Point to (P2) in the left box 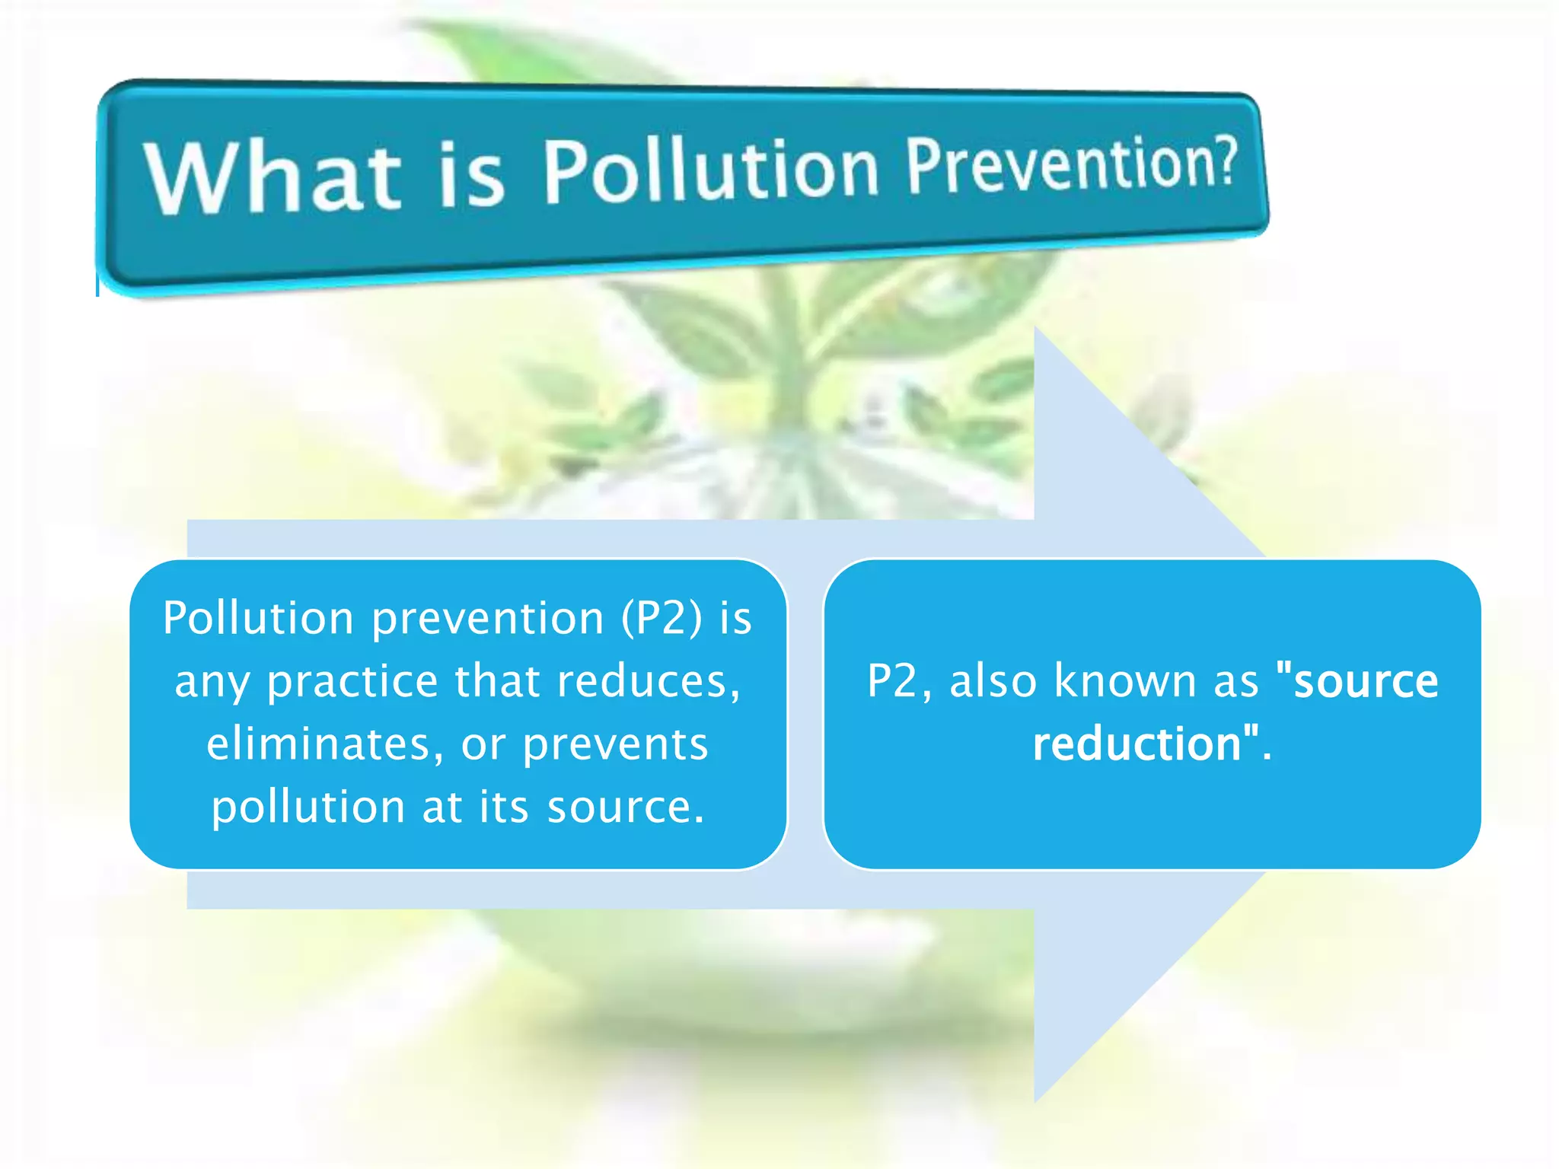pos(662,617)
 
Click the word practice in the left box pos(352,680)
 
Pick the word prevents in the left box pos(615,744)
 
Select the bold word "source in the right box pos(1357,680)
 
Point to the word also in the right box pos(993,680)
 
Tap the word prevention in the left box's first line pos(487,617)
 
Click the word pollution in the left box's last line pos(308,807)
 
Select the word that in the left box pos(497,680)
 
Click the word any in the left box pos(212,682)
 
